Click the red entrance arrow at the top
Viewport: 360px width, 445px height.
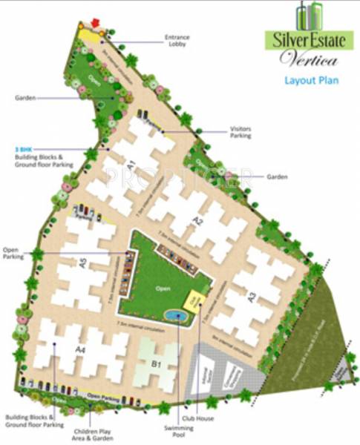(x=94, y=22)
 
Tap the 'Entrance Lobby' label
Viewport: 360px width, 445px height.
(x=179, y=40)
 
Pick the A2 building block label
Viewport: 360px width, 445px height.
(x=198, y=220)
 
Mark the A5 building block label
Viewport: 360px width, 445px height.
(x=83, y=262)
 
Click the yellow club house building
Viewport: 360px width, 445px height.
(x=196, y=300)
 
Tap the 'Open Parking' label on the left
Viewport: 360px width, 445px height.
(x=13, y=253)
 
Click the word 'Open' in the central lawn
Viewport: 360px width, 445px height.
(x=164, y=289)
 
